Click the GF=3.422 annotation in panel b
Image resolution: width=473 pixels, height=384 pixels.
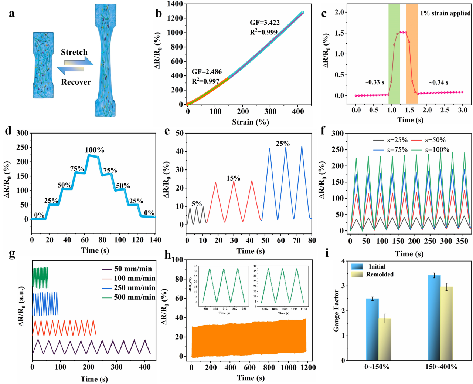265,23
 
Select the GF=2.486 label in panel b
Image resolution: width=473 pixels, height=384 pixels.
207,72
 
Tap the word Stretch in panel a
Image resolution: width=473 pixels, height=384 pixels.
74,52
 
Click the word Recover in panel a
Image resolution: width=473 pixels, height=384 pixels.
76,82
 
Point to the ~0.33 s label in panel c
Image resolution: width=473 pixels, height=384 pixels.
374,82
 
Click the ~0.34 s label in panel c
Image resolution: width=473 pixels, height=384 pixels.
438,82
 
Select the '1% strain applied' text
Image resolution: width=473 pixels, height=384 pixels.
445,13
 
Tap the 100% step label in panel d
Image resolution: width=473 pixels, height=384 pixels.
95,150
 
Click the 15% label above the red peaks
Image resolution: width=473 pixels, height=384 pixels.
233,178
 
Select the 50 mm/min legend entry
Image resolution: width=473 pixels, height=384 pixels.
127,269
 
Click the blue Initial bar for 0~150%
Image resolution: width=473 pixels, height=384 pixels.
372,329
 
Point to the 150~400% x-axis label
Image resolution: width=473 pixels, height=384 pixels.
441,367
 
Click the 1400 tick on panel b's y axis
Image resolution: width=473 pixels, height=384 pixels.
175,4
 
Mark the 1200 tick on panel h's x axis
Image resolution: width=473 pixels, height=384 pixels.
308,367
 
